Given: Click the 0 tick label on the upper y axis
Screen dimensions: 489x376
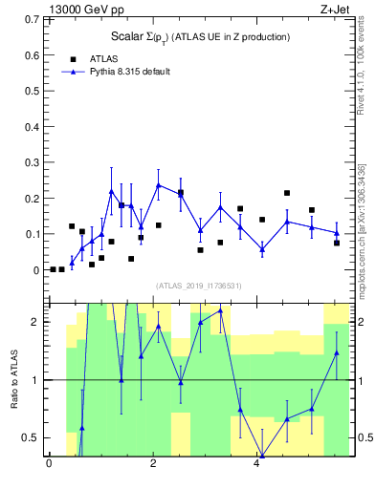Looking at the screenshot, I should coord(36,270).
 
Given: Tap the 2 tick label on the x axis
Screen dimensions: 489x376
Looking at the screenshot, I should coord(153,465).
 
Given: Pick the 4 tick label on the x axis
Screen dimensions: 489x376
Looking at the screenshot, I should coord(257,465).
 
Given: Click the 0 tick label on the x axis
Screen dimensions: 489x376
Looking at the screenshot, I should coord(49,465).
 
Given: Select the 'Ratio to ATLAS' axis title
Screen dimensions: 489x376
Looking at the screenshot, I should coord(14,379).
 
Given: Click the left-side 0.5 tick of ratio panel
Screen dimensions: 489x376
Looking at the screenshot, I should coord(32,437).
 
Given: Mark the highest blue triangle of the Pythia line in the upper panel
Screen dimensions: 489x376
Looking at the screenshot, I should coord(159,184).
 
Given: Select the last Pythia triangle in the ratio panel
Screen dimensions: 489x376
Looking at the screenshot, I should coord(337,352).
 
